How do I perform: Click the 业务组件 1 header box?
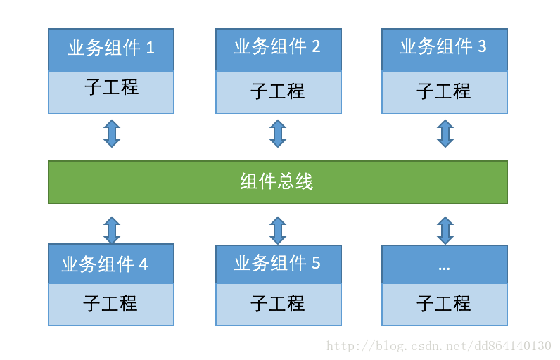111,49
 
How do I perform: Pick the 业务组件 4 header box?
111,264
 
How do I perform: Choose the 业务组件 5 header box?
278,264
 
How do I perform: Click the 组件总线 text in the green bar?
276,182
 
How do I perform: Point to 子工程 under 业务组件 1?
111,89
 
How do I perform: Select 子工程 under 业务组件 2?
278,91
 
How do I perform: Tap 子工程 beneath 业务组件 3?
444,91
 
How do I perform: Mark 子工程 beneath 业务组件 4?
111,304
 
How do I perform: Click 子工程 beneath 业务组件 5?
278,304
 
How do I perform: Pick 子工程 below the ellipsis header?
444,304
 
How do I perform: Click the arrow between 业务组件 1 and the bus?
112,134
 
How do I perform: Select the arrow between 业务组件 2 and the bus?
278,134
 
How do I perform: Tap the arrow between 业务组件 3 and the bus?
445,134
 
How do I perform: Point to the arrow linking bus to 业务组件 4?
112,231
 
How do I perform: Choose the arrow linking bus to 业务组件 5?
278,231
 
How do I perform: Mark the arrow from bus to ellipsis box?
445,231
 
